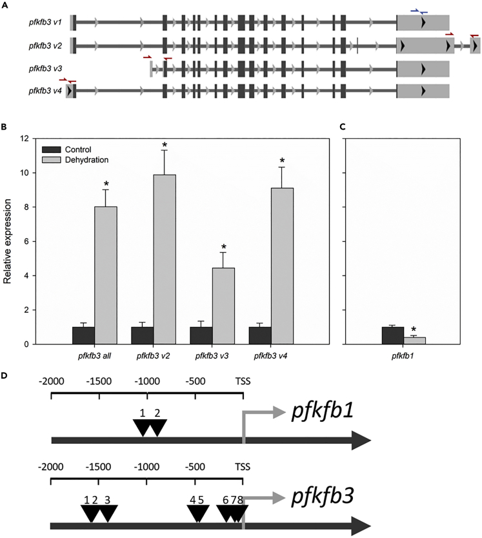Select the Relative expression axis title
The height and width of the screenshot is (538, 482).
click(8, 241)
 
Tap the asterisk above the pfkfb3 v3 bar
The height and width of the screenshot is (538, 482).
click(223, 247)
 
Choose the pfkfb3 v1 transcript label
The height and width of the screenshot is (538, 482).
click(45, 23)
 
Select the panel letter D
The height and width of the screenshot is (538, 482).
click(5, 374)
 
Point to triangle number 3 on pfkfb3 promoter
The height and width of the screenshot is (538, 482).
click(108, 512)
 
